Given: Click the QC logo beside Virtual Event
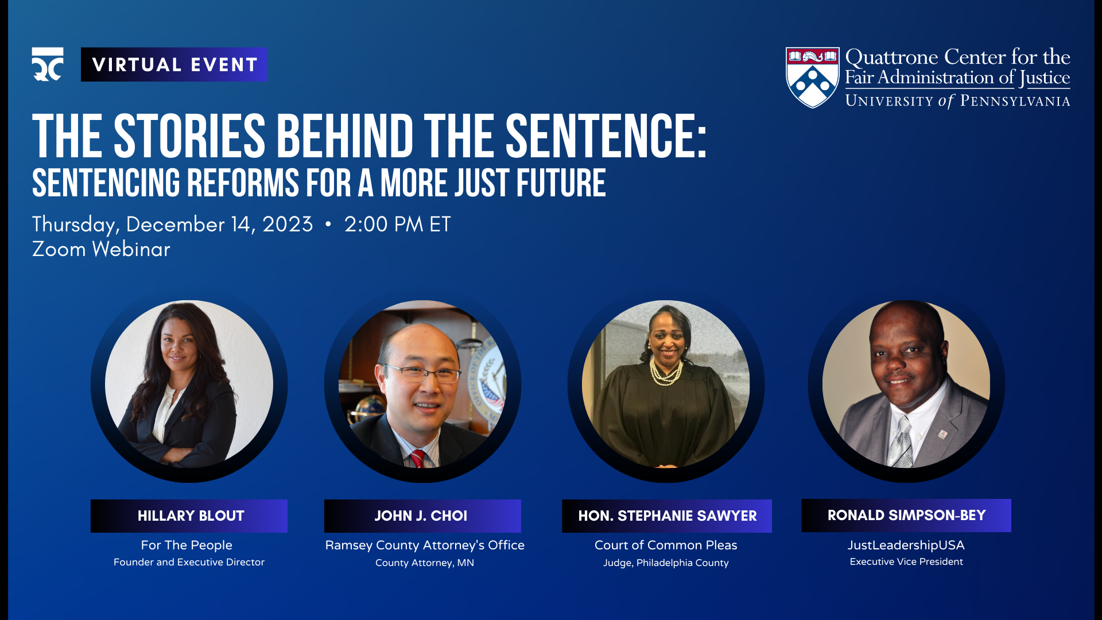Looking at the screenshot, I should pyautogui.click(x=48, y=64).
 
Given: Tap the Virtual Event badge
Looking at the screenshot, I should pyautogui.click(x=174, y=64).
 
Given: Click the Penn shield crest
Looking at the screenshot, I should pyautogui.click(x=812, y=77).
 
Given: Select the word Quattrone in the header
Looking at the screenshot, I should pyautogui.click(x=892, y=57).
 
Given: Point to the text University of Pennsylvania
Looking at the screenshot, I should pyautogui.click(x=957, y=101).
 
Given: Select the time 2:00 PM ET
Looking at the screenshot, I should pyautogui.click(x=397, y=224).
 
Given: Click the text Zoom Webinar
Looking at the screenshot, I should pyautogui.click(x=101, y=249).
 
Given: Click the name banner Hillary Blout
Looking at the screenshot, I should pyautogui.click(x=189, y=516).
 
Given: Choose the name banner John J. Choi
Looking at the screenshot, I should pyautogui.click(x=422, y=516).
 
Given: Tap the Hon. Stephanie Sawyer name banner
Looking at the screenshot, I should pyautogui.click(x=666, y=516).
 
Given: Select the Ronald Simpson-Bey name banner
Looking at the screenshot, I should pyautogui.click(x=906, y=515).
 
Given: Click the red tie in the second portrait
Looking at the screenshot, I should pyautogui.click(x=417, y=459).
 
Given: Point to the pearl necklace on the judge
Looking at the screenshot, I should pyautogui.click(x=665, y=374).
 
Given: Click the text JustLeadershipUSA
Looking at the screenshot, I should pyautogui.click(x=906, y=545).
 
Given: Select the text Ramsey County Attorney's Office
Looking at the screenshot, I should pyautogui.click(x=425, y=545).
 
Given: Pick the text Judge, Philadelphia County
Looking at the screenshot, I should pyautogui.click(x=666, y=563).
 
